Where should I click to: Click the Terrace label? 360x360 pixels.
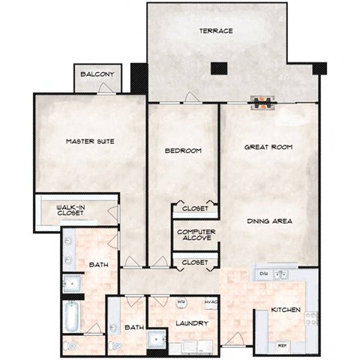tap(215, 31)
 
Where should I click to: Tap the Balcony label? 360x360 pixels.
tap(97, 74)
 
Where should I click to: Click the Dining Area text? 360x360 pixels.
tap(270, 221)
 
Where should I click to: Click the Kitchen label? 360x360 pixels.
tap(286, 309)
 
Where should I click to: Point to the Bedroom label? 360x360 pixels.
tap(183, 151)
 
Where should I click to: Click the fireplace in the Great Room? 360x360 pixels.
tap(264, 103)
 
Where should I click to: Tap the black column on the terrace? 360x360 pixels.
tap(219, 67)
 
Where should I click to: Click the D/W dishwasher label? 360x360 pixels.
tap(263, 274)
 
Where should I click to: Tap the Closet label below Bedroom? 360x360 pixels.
tap(195, 208)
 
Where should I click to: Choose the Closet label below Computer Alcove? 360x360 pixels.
tap(195, 263)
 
